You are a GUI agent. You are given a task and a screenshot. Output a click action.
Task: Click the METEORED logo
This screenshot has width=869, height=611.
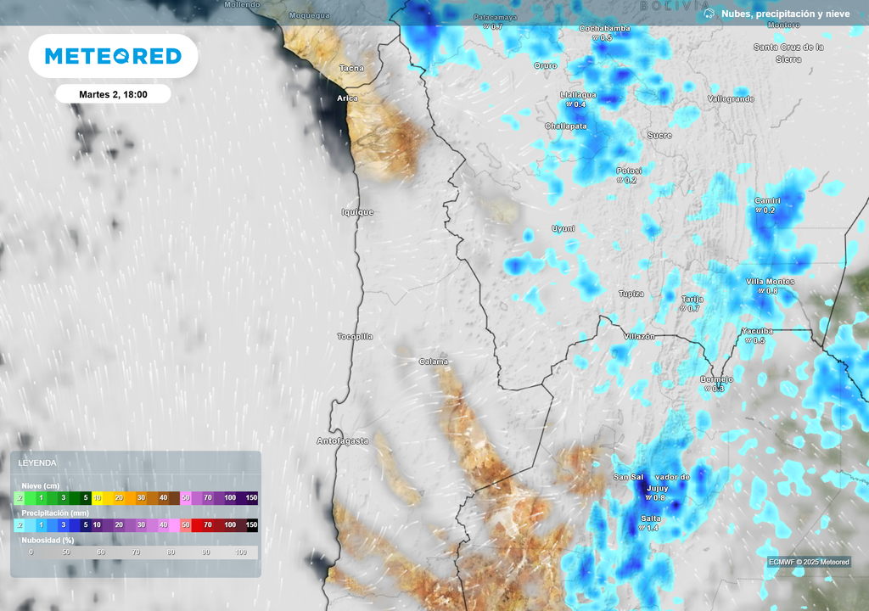[113, 56]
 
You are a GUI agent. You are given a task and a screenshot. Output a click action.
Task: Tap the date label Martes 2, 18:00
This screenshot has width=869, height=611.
[113, 94]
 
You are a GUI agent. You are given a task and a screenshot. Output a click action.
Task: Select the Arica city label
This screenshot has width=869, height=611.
[347, 98]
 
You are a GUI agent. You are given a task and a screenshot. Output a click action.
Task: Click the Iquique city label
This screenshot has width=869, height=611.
[357, 212]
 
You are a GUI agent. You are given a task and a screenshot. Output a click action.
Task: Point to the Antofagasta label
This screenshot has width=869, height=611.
[343, 441]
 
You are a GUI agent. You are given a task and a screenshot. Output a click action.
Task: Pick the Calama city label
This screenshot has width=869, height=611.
[434, 362]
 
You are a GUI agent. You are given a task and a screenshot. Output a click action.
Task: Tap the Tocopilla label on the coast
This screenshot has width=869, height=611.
[355, 337]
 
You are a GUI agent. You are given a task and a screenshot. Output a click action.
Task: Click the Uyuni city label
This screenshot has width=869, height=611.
[563, 228]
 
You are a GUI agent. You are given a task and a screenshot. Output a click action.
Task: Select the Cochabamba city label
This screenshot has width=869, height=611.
[604, 28]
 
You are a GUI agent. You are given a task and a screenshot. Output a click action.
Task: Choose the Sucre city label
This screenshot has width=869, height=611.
[659, 135]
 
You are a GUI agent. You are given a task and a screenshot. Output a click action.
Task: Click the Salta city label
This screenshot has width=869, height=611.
[651, 519]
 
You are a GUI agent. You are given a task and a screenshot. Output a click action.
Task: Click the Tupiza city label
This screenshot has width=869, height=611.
[631, 294]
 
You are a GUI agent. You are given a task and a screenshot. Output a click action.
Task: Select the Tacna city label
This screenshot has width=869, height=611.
[351, 68]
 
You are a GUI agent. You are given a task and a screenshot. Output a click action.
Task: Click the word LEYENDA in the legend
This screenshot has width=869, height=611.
[38, 463]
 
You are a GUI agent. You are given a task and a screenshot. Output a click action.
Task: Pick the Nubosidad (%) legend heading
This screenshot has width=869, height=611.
[48, 540]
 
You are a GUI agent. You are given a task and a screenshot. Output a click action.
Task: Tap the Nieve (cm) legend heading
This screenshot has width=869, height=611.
[41, 485]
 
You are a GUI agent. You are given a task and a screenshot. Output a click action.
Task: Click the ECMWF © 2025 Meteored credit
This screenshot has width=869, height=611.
[809, 562]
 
